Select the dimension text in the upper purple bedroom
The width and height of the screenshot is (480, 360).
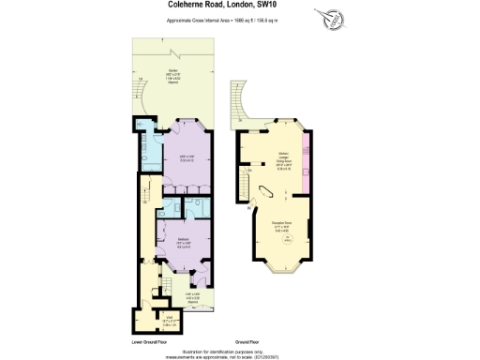click(182, 158)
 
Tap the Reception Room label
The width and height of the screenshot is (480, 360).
click(281, 225)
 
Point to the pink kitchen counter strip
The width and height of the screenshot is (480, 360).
click(306, 155)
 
